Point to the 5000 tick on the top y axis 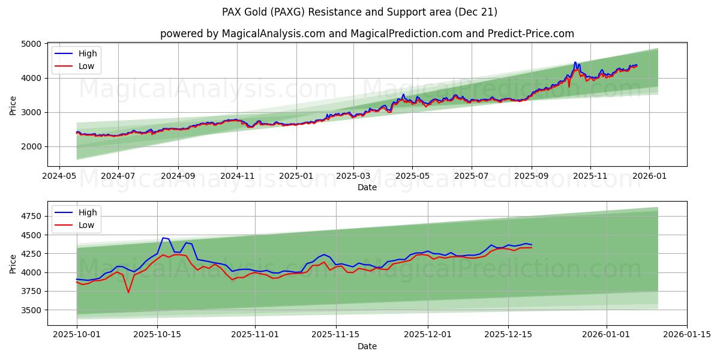31,44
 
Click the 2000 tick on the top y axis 31,146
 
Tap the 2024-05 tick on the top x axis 59,176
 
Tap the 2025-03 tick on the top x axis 353,176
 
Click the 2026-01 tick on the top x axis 650,176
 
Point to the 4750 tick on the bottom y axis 31,216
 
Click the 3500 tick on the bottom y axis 31,310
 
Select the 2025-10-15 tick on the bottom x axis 157,335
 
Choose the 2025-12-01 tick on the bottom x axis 428,335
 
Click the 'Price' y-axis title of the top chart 13,105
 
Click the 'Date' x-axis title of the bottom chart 367,346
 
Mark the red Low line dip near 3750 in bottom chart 128,292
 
